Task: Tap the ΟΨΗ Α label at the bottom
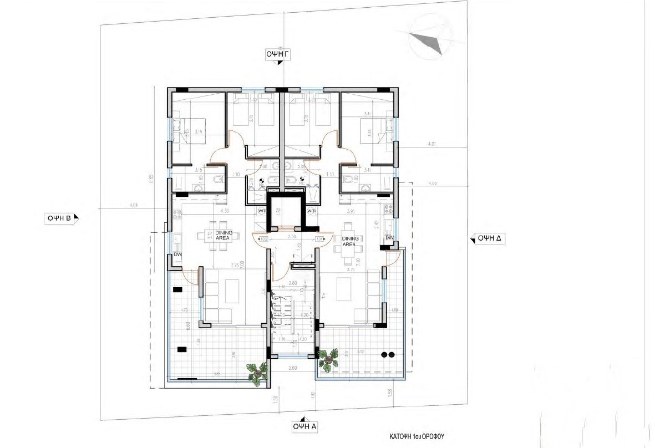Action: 306,426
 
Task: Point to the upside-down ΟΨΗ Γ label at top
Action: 279,53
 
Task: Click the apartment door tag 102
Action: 264,240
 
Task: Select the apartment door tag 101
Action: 319,240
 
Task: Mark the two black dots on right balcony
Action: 388,354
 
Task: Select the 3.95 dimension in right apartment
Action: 350,211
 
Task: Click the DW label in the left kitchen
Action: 177,254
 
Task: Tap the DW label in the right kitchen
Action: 389,237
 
